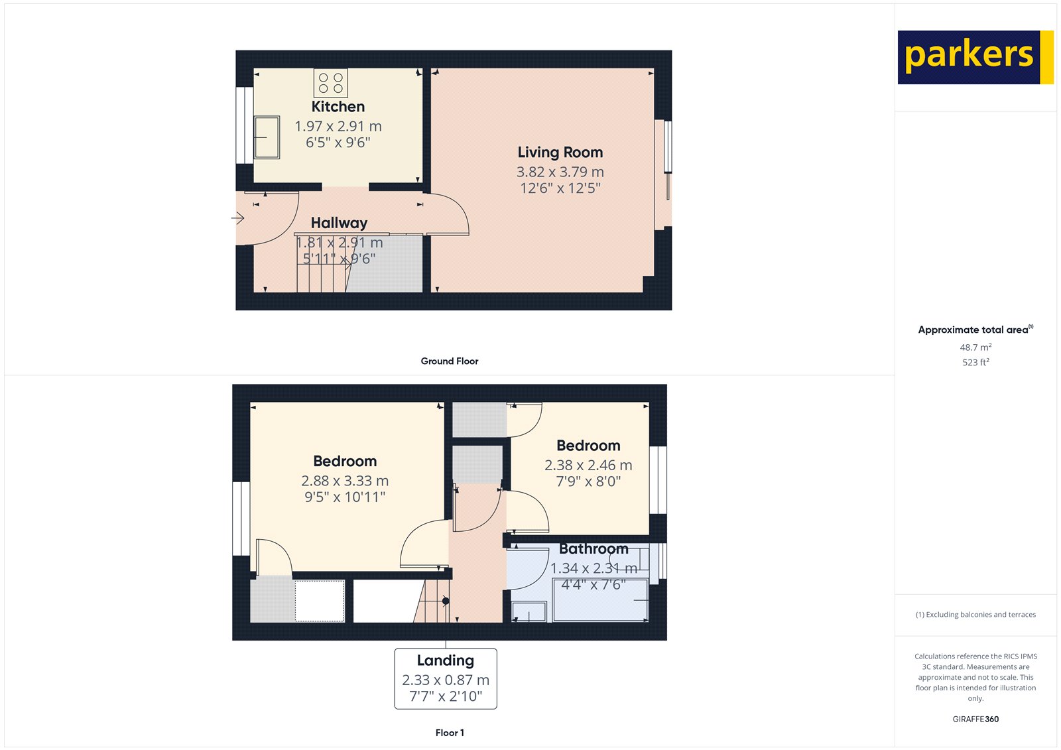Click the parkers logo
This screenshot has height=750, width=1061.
(x=975, y=57)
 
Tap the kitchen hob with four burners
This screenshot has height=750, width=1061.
(x=331, y=83)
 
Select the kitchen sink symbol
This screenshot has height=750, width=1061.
(x=267, y=137)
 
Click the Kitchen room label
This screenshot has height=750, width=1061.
(x=338, y=107)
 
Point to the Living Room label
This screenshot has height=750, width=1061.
(x=560, y=153)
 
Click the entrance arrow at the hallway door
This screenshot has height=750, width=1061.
(x=238, y=218)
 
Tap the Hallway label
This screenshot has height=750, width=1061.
(x=339, y=223)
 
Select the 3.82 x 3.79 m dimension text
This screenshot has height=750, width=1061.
(x=560, y=172)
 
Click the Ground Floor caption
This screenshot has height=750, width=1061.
(x=450, y=361)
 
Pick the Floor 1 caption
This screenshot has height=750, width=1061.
(x=450, y=733)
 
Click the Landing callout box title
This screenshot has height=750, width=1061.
(x=446, y=660)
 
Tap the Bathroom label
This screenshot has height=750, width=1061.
(x=593, y=549)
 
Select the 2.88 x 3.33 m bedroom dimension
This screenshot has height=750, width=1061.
(x=345, y=481)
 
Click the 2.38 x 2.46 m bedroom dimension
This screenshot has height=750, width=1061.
(x=588, y=466)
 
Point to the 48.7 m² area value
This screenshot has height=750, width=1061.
(x=975, y=347)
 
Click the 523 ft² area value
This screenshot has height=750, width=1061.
(x=975, y=363)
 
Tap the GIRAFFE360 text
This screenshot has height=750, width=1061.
(x=975, y=719)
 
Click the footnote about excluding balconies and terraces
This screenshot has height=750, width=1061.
(x=975, y=615)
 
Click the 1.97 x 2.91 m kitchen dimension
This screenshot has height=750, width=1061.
(x=338, y=126)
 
